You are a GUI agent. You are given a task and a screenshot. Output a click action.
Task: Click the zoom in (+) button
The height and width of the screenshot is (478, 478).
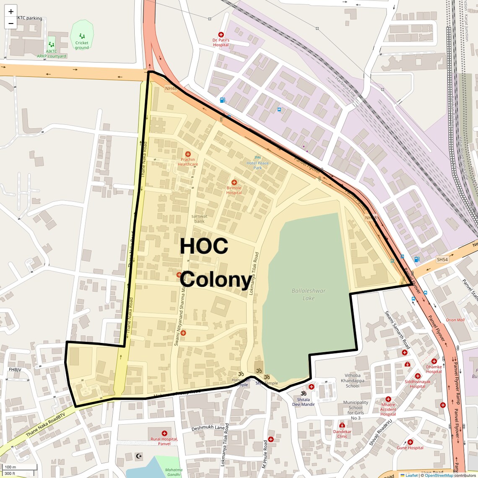(x=11, y=11)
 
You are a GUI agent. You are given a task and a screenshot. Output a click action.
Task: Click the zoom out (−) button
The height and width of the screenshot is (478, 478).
(x=11, y=23)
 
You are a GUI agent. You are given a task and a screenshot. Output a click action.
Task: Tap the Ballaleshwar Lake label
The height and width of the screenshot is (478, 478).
(x=309, y=294)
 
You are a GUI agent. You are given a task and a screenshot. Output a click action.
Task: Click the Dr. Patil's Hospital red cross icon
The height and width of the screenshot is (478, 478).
(x=221, y=35)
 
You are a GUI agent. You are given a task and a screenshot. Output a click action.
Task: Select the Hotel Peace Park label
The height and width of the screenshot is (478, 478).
(x=257, y=165)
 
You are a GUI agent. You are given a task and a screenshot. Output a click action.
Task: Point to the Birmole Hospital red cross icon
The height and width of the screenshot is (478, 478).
(x=234, y=182)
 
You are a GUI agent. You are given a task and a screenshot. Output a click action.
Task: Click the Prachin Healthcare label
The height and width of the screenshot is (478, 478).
(x=188, y=162)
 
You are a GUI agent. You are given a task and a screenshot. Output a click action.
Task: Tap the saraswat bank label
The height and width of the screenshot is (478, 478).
(x=200, y=219)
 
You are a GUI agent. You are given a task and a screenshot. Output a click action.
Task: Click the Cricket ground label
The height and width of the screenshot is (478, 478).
(x=82, y=45)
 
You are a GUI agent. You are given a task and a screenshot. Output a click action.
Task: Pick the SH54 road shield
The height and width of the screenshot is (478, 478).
(x=442, y=260)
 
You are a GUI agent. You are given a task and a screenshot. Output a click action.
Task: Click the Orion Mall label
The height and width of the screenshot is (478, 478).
(x=455, y=320)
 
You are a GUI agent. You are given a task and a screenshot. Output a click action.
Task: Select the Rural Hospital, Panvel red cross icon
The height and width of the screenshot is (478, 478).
(x=164, y=433)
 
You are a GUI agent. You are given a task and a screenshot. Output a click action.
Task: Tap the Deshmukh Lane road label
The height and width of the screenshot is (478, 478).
(x=208, y=428)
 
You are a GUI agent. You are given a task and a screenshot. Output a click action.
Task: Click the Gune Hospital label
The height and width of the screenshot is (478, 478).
(x=410, y=448)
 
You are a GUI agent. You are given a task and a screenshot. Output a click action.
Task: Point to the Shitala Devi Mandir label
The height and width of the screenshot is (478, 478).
(x=303, y=402)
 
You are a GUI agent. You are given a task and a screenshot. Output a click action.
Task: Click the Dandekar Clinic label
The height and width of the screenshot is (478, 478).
(x=342, y=434)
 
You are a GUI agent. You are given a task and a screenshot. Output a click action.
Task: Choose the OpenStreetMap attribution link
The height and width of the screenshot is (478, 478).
(x=439, y=475)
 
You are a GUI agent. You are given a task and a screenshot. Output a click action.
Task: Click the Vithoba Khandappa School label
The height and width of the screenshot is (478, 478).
(x=352, y=381)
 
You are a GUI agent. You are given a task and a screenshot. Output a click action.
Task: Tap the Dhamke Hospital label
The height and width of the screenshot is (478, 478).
(x=434, y=369)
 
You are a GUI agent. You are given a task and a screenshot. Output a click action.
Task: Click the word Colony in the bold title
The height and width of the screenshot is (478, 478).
(x=217, y=279)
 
